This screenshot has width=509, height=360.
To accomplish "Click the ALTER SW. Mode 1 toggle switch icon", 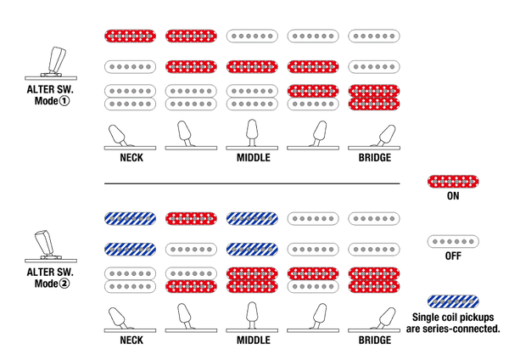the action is pos(51,64).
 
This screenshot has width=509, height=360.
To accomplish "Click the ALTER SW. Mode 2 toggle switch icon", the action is pos(51,246).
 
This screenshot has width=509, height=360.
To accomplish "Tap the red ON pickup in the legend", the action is pos(453,182).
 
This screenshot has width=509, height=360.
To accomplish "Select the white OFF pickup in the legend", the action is pos(453,241).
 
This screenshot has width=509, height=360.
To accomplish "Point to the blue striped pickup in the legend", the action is pos(453,301).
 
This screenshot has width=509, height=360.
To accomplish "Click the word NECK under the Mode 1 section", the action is pos(131,158).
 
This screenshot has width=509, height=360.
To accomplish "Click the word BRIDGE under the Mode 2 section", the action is pos(375,340).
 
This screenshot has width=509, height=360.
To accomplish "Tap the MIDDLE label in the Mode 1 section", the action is pos(254,158).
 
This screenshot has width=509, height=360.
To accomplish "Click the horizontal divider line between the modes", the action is pos(252,183).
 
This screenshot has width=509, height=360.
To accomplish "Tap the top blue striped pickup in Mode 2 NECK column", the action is pos(130,219).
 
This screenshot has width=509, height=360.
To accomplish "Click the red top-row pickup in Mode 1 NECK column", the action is pos(130,36).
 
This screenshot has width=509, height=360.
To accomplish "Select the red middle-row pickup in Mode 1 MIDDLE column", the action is pos(252,66).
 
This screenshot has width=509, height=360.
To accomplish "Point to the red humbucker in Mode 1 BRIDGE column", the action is pos(374,98).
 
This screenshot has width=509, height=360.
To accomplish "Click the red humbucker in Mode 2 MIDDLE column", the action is pos(252,280).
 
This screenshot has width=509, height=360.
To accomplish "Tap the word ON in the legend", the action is pos(453,196).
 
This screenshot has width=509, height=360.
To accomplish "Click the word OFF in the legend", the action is pos(453,256).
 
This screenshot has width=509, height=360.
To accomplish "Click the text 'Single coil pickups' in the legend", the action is pos(453,317).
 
